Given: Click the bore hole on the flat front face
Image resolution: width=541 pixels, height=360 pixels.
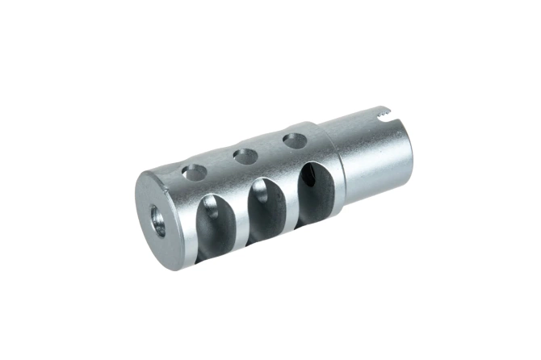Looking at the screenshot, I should point(157,220).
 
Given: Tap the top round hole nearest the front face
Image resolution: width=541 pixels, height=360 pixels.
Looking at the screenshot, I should point(194,171).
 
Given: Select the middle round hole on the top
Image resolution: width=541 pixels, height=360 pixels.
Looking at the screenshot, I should point(243,156).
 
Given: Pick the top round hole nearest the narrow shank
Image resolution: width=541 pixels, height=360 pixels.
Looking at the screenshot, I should point(293,141).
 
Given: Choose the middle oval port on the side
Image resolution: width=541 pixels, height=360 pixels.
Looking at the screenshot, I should point(264,208).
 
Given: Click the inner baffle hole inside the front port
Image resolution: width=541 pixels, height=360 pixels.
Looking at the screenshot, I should point(209,211).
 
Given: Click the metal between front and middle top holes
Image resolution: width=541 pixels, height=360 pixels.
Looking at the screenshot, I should point(219,164).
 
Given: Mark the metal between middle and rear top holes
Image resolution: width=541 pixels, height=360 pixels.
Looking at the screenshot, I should point(268,149).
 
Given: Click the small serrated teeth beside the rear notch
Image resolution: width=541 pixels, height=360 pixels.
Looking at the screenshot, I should point(395,122).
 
